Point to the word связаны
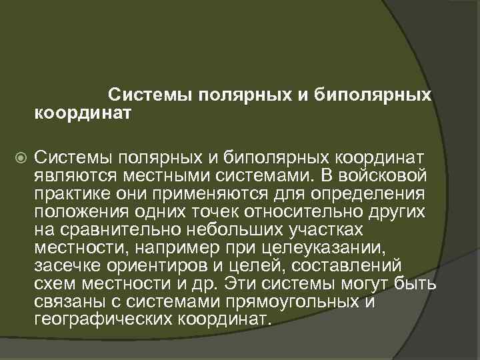(69, 303)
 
